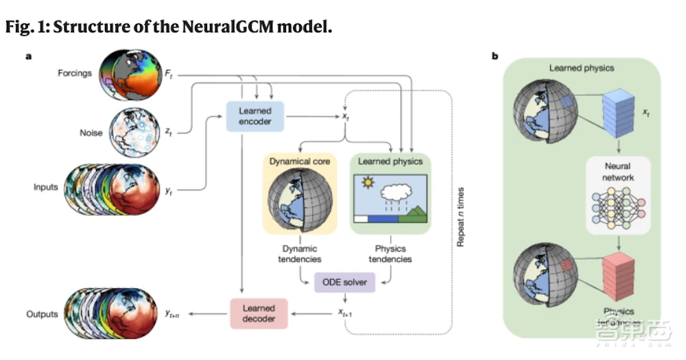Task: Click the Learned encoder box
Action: click(255, 116)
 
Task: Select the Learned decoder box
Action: click(259, 313)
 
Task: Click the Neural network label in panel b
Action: click(618, 172)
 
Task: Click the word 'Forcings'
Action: click(75, 73)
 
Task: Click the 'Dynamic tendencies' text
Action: click(298, 254)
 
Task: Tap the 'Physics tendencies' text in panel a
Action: click(391, 254)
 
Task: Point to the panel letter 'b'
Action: click(495, 56)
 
